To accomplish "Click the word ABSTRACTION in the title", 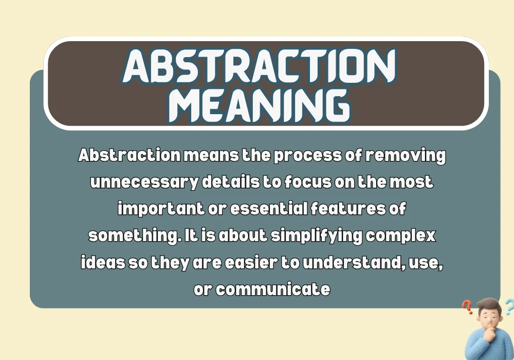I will pyautogui.click(x=260, y=66).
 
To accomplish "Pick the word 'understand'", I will pyautogui.click(x=352, y=263).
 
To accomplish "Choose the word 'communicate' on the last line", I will pyautogui.click(x=273, y=290).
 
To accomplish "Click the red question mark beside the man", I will pyautogui.click(x=467, y=307).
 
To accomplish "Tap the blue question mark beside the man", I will pyautogui.click(x=508, y=307).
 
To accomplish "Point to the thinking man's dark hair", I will pyautogui.click(x=489, y=304).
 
